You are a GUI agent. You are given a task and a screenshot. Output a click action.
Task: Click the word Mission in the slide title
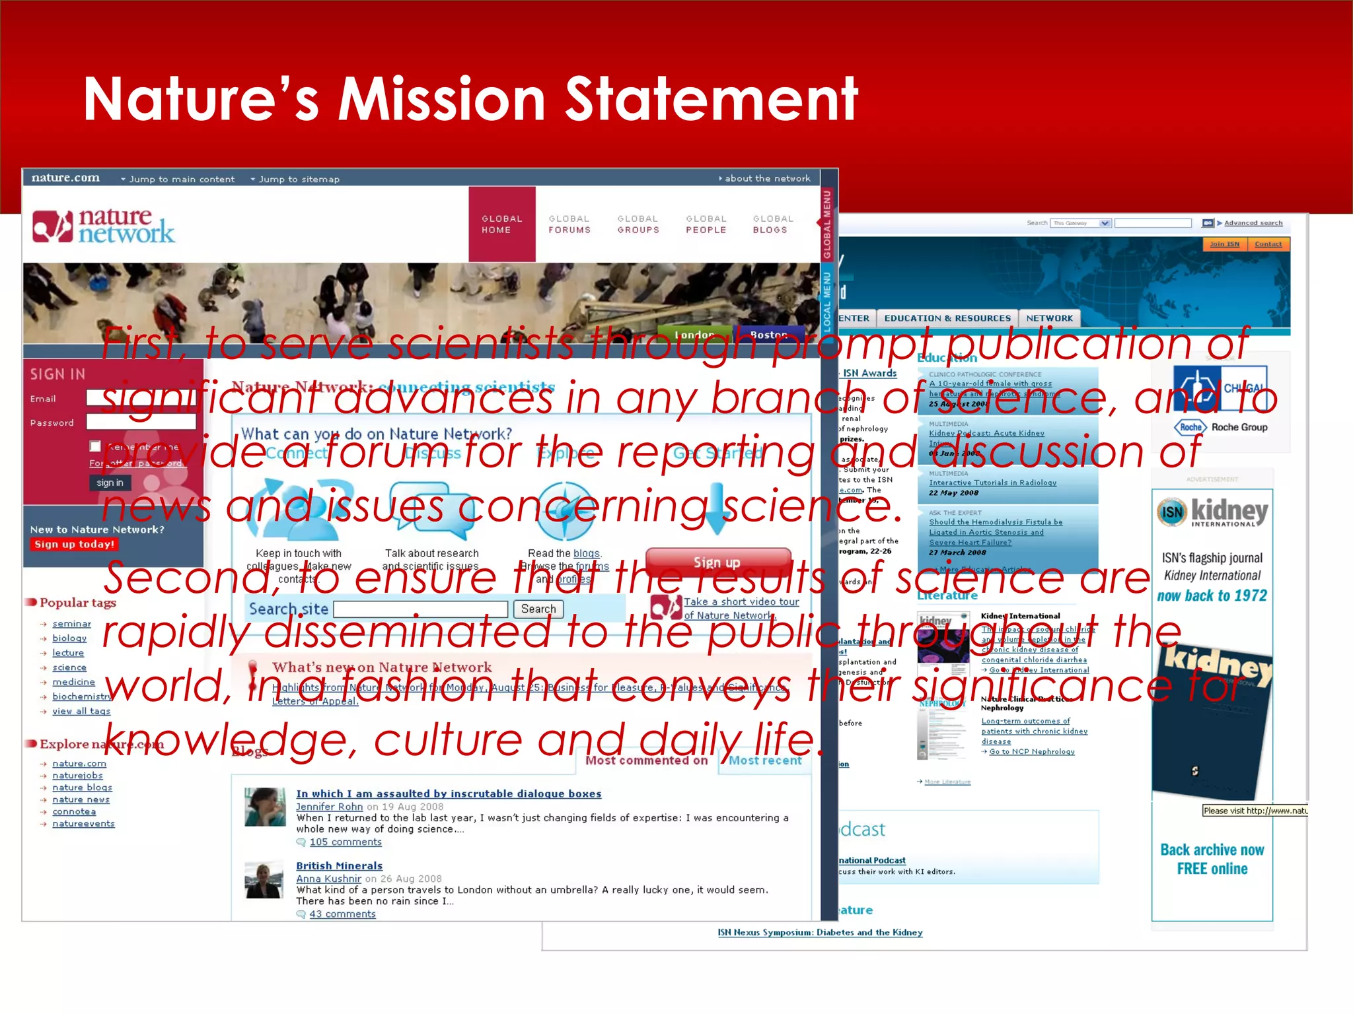coord(442,99)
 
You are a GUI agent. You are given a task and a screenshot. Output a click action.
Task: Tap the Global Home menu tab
coord(502,224)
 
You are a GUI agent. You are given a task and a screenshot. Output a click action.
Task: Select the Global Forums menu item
coord(569,224)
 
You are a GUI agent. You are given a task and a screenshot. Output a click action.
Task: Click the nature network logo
coord(104,226)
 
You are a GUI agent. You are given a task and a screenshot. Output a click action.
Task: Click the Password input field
coord(141,422)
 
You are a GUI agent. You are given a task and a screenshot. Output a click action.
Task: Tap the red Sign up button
coord(717,562)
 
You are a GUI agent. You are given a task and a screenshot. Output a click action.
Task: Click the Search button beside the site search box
coord(538,609)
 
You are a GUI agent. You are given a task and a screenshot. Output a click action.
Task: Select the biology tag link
coord(69,638)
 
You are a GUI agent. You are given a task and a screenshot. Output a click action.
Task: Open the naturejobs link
coord(77,776)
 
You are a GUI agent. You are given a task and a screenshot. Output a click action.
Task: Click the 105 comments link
coord(346,842)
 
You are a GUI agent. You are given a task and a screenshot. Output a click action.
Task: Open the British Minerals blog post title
coord(339,865)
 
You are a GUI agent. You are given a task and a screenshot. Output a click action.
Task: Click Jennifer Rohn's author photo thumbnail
coord(265,807)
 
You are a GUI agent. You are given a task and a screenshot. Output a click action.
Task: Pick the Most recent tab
coord(765,760)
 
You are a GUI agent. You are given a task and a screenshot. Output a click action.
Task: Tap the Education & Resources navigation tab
coord(947,318)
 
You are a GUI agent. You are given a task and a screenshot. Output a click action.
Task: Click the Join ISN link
coord(1224,244)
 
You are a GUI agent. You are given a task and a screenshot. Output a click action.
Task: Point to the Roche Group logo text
coord(1239,427)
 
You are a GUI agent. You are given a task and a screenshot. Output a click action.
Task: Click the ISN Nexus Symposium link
coord(820,933)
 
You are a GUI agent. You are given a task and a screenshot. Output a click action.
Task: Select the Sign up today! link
coord(75,545)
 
